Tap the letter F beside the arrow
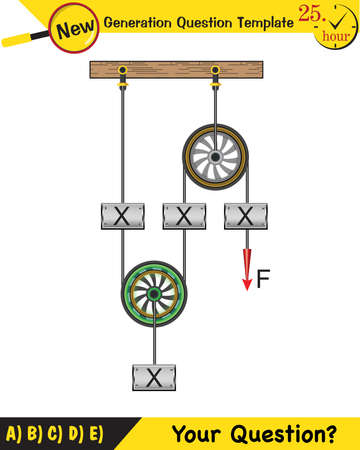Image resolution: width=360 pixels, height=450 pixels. click(264, 279)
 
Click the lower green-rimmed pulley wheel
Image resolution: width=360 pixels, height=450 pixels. click(155, 294)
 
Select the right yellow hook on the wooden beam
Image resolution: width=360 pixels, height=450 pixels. click(214, 72)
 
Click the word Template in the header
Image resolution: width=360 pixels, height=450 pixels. click(261, 24)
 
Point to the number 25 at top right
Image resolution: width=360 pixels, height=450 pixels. click(309, 15)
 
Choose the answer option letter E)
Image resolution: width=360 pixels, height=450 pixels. click(95, 433)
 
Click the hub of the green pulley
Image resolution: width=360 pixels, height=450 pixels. click(155, 294)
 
